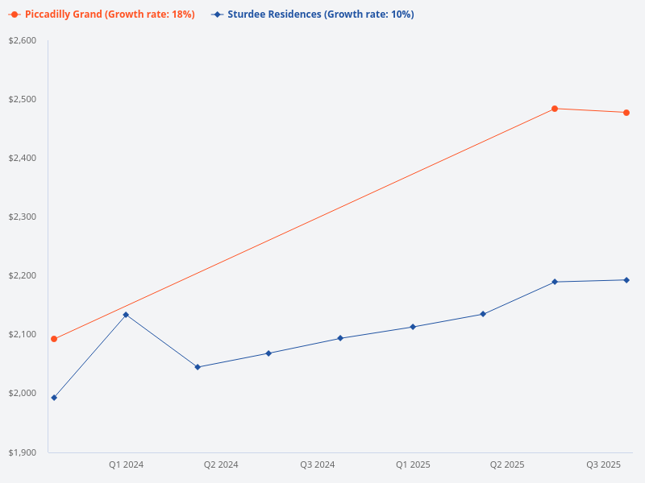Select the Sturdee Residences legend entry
coord(313,14)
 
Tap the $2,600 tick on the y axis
coord(23,40)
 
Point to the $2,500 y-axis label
coord(23,99)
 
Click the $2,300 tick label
coord(23,217)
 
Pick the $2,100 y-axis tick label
coord(23,334)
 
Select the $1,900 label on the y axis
coord(23,452)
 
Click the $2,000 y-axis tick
coord(23,393)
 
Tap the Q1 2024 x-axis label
coord(127,464)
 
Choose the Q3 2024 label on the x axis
coord(318,464)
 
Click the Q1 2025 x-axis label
coord(413,464)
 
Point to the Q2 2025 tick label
coord(508,464)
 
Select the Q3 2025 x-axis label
coord(603,464)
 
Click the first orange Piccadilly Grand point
coord(54,339)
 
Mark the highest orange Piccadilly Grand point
coord(555,109)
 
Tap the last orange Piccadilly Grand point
coord(626,113)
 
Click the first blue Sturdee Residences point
coord(54,398)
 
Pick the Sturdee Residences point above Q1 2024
coord(126,315)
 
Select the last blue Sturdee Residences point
coord(626,280)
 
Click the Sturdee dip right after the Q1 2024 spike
coord(198,367)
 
